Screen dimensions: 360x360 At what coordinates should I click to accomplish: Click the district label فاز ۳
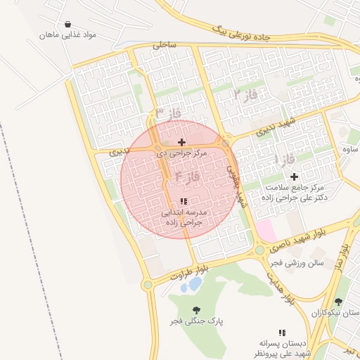point(168,113)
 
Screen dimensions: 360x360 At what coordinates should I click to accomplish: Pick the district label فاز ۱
point(283,160)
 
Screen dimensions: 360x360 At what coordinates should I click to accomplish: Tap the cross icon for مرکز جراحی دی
point(182,142)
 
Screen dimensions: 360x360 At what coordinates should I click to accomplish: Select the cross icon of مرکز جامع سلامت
point(294,176)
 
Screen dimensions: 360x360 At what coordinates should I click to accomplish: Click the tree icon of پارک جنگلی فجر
point(195,309)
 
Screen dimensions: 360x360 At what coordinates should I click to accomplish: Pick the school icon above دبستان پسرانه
point(282,332)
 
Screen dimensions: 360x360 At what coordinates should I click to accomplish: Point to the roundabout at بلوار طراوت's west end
point(148,285)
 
